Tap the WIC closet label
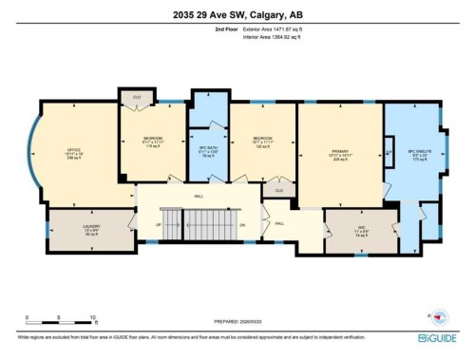coord(361,228)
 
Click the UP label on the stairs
coord(157,225)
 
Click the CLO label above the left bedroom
coord(137,96)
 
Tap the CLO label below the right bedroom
coord(278,191)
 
